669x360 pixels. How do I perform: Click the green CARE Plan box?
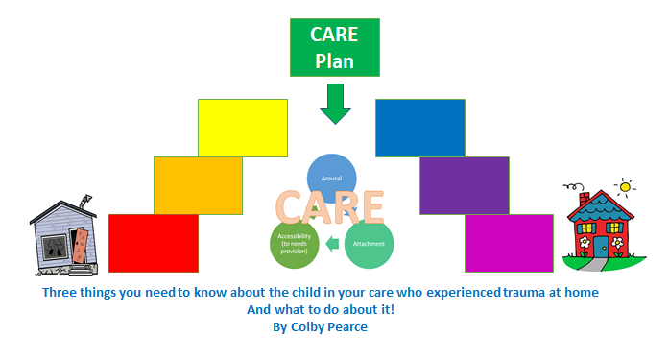pyautogui.click(x=335, y=46)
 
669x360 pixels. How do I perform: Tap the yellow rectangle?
pyautogui.click(x=242, y=127)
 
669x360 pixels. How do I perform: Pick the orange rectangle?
pyautogui.click(x=198, y=184)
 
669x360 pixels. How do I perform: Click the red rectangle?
pyautogui.click(x=154, y=243)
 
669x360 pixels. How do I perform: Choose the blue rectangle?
pyautogui.click(x=419, y=127)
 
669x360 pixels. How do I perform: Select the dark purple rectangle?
pyautogui.click(x=464, y=184)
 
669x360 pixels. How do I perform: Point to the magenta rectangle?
pyautogui.click(x=509, y=243)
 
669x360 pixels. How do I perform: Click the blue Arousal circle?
pyautogui.click(x=331, y=178)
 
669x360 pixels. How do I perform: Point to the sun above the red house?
pyautogui.click(x=626, y=185)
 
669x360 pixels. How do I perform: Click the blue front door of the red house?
pyautogui.click(x=601, y=248)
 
